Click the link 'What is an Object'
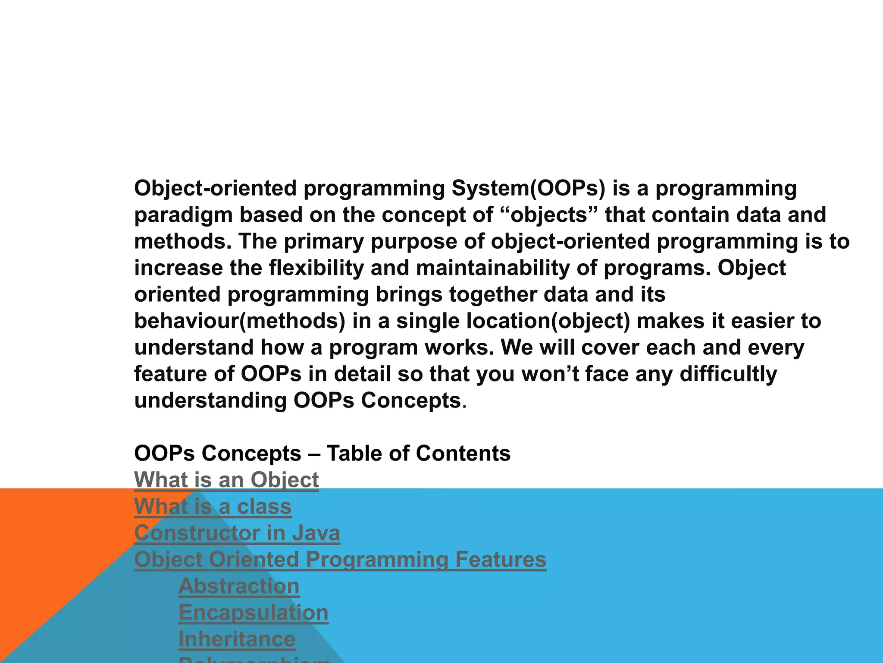click(x=226, y=480)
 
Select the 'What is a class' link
click(x=213, y=507)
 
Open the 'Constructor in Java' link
click(x=237, y=533)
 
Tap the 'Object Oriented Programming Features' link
click(x=340, y=560)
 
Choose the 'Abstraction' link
click(x=239, y=586)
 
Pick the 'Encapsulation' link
click(x=253, y=613)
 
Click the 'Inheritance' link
click(x=237, y=639)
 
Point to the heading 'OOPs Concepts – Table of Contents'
click(x=322, y=454)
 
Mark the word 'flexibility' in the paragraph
click(x=316, y=268)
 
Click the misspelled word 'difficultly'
click(x=728, y=374)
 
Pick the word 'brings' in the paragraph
click(x=409, y=295)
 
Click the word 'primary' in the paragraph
click(x=323, y=242)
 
